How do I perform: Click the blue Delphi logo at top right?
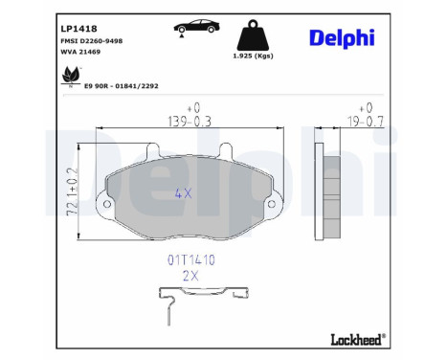click(x=342, y=37)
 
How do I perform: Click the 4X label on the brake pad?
click(x=183, y=192)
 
